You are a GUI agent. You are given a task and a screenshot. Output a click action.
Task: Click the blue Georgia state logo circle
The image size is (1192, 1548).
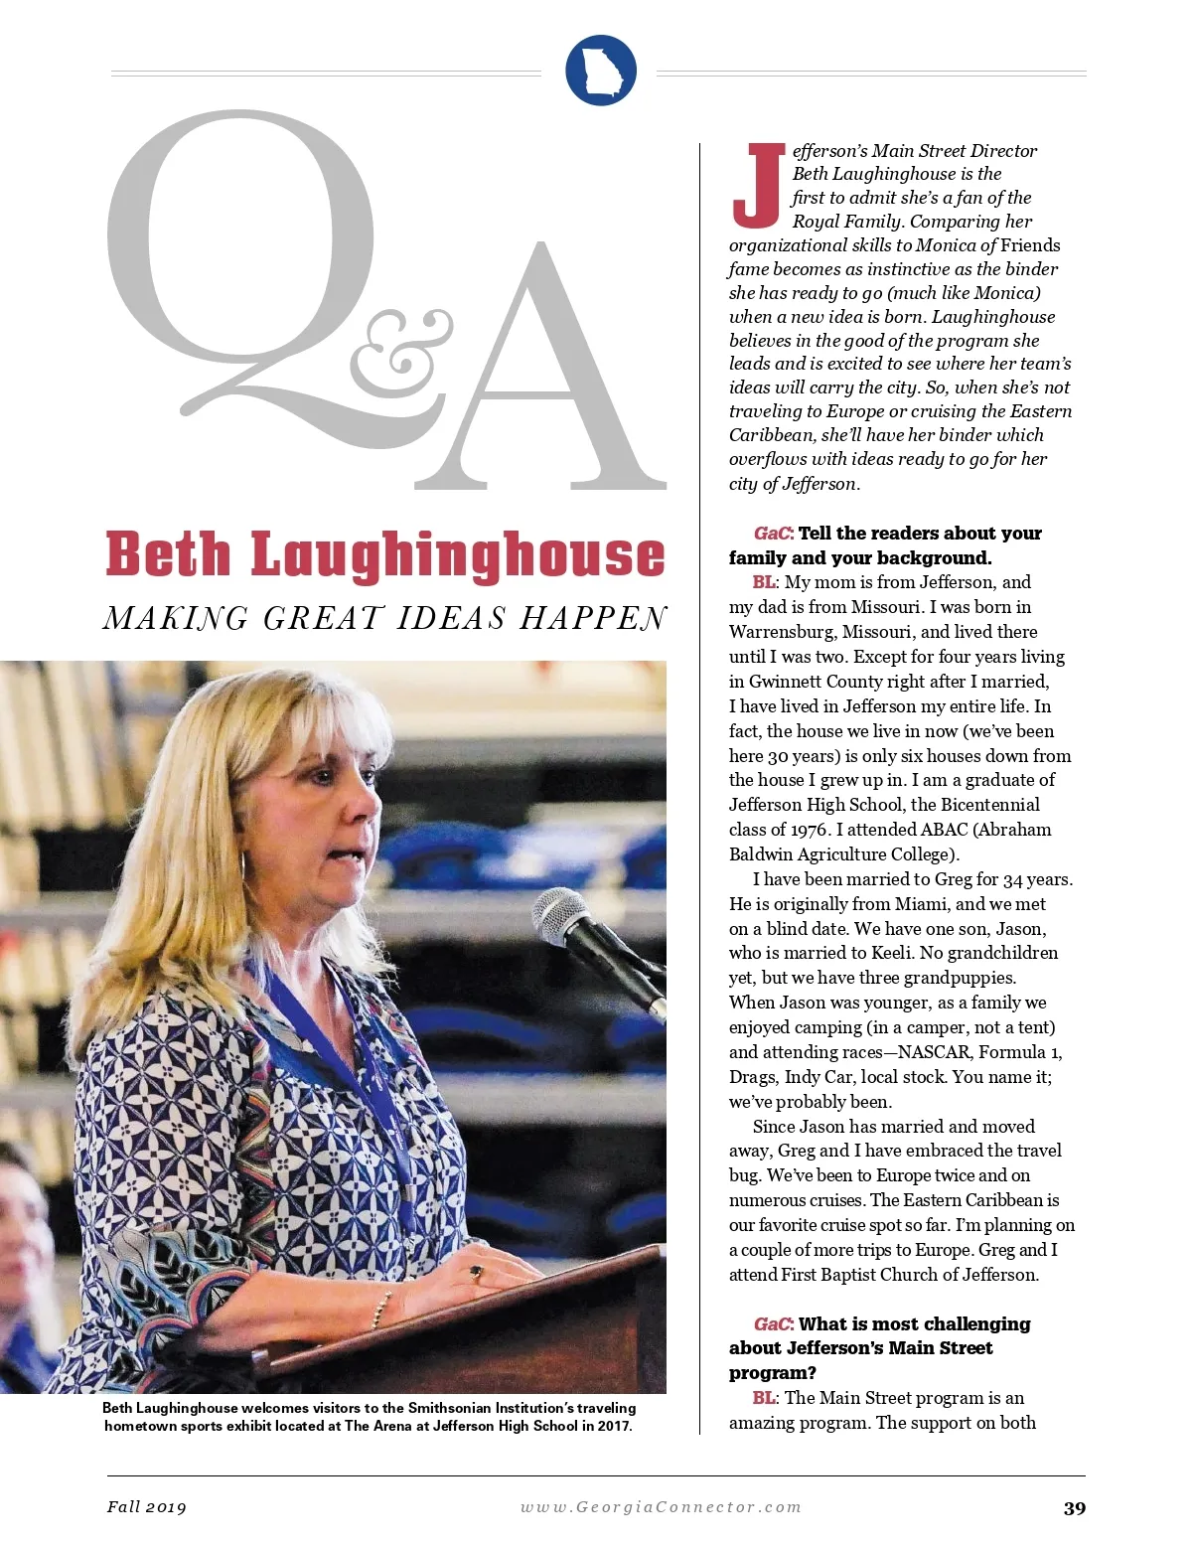(x=600, y=70)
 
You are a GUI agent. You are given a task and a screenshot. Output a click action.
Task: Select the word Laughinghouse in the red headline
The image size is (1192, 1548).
(x=458, y=554)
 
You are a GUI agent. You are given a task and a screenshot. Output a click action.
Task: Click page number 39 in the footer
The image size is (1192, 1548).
(x=1074, y=1508)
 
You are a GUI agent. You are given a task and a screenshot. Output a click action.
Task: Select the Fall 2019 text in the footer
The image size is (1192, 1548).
(x=147, y=1507)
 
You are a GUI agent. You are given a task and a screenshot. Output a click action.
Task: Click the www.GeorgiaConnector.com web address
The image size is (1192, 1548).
(x=661, y=1507)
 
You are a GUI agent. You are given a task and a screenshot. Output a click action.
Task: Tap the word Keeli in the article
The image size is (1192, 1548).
(x=891, y=953)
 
